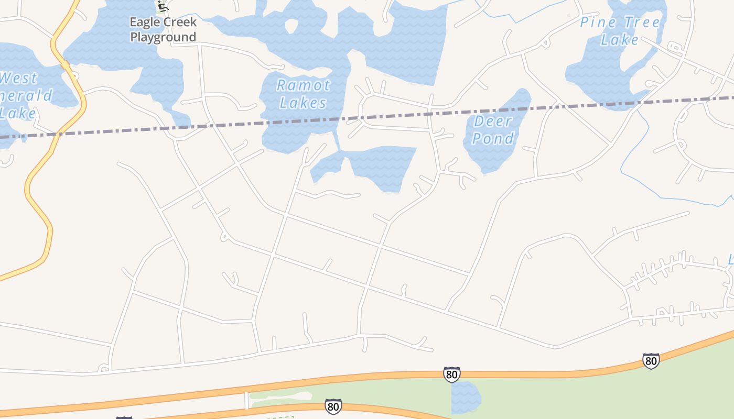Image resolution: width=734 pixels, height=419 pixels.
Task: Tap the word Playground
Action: click(163, 37)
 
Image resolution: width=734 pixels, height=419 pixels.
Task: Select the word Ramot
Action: click(304, 85)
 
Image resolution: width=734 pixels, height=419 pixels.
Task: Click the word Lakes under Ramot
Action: click(303, 103)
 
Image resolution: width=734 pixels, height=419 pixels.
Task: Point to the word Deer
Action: click(492, 122)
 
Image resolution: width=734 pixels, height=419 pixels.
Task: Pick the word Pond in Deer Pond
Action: click(493, 139)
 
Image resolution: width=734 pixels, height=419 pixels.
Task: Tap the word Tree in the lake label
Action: click(641, 23)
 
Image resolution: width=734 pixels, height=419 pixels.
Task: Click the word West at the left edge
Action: click(19, 79)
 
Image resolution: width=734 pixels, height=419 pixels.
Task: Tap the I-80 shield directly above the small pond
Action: click(451, 374)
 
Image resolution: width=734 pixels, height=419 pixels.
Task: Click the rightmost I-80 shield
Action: click(651, 361)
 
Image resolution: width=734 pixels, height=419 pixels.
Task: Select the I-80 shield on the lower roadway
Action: click(332, 406)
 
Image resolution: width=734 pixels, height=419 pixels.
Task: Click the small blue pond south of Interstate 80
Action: click(466, 396)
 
